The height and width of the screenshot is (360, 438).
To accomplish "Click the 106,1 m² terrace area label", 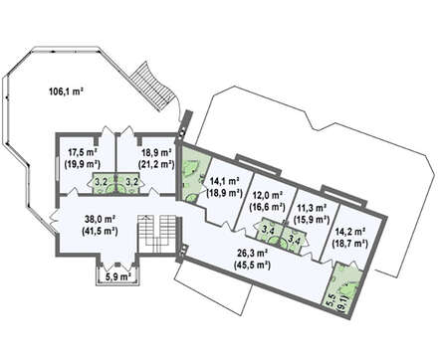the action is coord(66,91).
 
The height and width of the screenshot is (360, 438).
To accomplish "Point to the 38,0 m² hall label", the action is coord(100,219).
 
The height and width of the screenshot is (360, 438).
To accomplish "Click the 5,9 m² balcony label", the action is coord(117,276).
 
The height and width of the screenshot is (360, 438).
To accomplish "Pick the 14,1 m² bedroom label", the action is coord(225,181).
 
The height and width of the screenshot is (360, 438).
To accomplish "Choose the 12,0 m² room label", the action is coord(268,195).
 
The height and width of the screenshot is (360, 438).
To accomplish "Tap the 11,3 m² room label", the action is coord(312,208).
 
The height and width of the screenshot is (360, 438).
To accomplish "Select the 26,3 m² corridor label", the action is coord(252,254).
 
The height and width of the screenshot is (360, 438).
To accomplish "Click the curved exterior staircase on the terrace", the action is coord(152,87).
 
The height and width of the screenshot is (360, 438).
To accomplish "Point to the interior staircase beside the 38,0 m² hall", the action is coord(156,234).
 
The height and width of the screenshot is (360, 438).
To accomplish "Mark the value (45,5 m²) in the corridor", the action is coord(252,265).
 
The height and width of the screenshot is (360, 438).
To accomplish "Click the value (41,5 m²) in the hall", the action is coord(100,231).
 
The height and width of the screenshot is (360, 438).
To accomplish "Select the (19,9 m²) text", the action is coord(83,164).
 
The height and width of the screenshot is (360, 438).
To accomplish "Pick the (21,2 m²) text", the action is coord(156,164).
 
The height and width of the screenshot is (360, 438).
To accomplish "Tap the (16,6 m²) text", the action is coord(268,207).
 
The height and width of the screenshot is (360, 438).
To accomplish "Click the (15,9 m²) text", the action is coord(312,219).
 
